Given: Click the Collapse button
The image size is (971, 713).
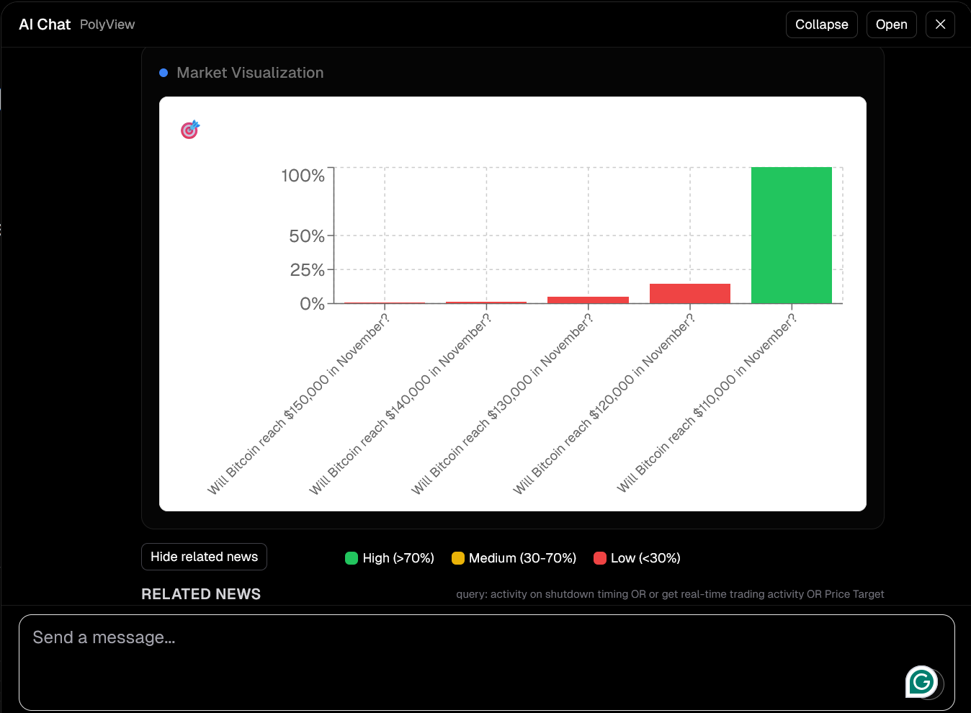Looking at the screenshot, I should click(821, 24).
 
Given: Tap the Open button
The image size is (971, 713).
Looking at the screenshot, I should click(891, 24).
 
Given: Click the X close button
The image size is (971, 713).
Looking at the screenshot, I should click(940, 24).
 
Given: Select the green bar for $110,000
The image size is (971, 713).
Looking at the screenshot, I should click(791, 235).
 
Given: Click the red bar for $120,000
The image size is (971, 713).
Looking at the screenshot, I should click(689, 294).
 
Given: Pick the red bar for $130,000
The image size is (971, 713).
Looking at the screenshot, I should click(588, 300).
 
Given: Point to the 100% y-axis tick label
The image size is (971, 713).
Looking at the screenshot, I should click(303, 176).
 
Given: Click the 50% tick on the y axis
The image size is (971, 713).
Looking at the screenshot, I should click(306, 236).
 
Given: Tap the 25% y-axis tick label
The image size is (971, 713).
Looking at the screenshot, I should click(307, 270).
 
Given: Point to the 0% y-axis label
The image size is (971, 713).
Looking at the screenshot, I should click(312, 304).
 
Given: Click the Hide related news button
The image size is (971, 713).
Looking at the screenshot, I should click(204, 557).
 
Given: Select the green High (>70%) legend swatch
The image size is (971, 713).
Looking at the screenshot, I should click(352, 558).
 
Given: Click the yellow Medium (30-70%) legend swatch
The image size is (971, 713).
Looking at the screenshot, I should click(457, 558).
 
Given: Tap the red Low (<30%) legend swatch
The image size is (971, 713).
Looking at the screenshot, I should click(599, 558).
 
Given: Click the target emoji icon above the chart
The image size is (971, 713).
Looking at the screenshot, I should click(189, 130).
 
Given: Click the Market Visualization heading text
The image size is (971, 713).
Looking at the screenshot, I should click(250, 73).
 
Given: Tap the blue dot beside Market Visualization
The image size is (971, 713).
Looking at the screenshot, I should click(164, 73).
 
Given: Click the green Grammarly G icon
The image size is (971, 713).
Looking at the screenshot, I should click(921, 681).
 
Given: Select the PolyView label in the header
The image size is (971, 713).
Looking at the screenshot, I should click(107, 24).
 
